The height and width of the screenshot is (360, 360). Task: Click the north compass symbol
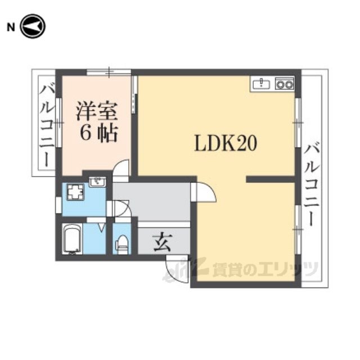33,26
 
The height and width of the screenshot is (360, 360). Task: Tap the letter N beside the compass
11,28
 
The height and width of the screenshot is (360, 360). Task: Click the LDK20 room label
226,143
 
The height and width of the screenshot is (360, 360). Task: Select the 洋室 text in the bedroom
97,111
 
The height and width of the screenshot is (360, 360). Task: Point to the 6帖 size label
99,133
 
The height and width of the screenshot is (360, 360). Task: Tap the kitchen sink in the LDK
262,84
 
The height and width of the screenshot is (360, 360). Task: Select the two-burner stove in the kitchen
285,84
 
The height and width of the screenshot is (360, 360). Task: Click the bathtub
72,238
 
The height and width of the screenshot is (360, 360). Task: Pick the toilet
123,245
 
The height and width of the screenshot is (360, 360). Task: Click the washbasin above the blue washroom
97,182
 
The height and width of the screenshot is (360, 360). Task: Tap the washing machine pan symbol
75,192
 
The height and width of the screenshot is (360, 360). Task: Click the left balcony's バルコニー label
47,126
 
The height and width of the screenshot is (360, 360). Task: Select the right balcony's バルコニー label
312,184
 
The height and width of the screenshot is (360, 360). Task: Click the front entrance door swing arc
177,270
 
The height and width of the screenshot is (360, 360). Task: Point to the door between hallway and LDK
204,192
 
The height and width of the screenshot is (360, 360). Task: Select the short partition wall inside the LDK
271,179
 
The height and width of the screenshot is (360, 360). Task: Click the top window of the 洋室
109,72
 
